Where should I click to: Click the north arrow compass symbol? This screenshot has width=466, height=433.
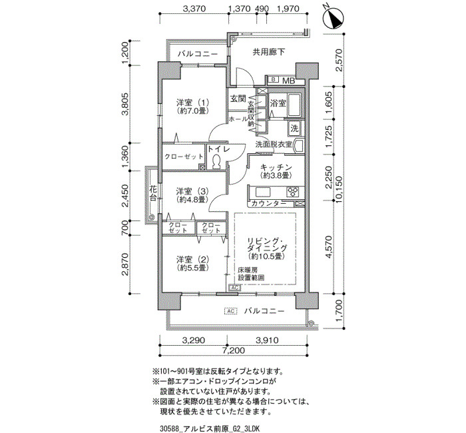(x=333, y=19)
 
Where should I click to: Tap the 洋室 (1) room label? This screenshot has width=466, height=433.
(x=192, y=107)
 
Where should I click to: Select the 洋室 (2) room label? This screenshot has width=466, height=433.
(x=192, y=263)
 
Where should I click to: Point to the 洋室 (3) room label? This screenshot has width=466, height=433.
(x=192, y=195)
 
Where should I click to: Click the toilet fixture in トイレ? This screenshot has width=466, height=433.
(x=216, y=162)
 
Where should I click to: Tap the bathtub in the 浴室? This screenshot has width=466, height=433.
(x=295, y=105)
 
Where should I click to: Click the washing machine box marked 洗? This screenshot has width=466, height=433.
(x=294, y=129)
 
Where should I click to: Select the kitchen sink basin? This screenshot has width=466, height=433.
(x=263, y=192)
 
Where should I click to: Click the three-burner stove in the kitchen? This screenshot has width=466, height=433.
(x=293, y=192)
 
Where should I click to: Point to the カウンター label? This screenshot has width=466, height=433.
(x=269, y=203)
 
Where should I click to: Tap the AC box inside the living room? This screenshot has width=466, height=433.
(x=234, y=288)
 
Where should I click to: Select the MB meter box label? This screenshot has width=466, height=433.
(x=288, y=81)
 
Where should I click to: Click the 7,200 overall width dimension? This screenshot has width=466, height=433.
(x=233, y=350)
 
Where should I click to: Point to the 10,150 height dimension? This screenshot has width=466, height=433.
(x=339, y=189)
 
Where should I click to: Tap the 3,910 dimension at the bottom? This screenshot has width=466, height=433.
(x=266, y=340)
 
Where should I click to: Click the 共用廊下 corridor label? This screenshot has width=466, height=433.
(x=269, y=53)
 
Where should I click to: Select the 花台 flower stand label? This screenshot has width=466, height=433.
(x=153, y=193)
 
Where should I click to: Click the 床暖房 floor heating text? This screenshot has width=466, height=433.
(x=248, y=270)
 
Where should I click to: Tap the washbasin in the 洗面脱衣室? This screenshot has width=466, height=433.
(x=298, y=146)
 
